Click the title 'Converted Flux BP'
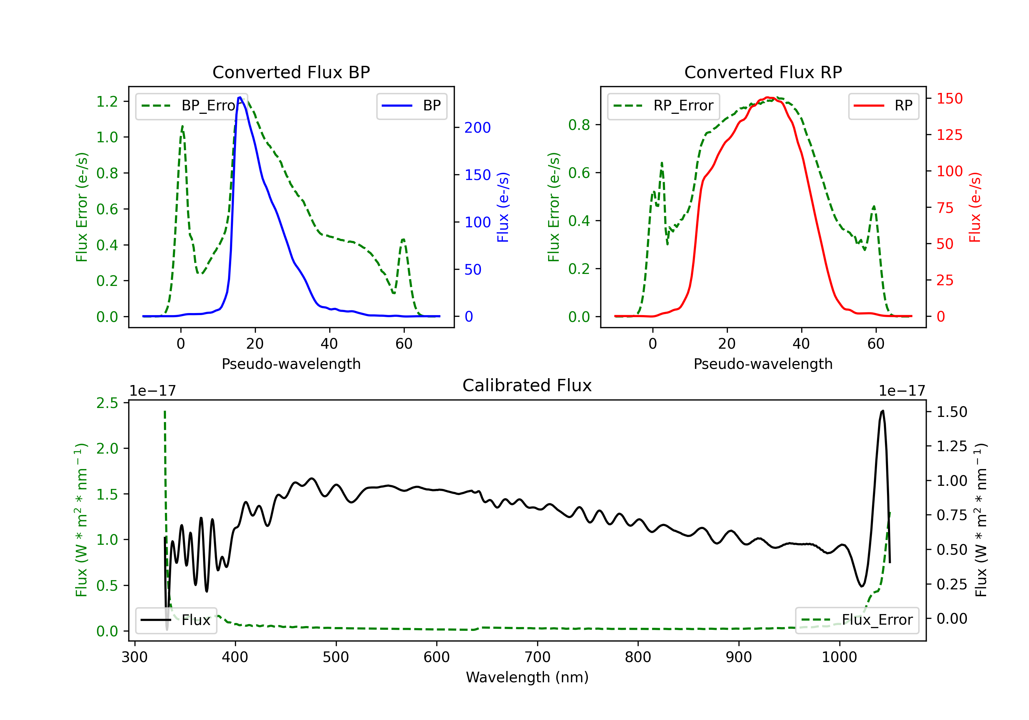(x=291, y=72)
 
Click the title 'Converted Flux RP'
(x=763, y=72)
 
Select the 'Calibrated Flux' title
(x=527, y=385)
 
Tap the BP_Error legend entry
(x=188, y=106)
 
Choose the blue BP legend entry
(x=411, y=106)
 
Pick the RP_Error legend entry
(x=663, y=106)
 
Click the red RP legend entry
(x=883, y=106)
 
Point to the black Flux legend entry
(x=175, y=620)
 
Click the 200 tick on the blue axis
(x=477, y=128)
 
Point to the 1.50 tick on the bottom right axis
(x=952, y=412)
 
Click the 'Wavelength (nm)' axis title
(x=527, y=677)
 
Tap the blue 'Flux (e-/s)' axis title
(x=503, y=207)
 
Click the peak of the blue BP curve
(x=240, y=97)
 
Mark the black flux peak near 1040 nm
(x=883, y=411)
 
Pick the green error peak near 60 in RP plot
(x=874, y=206)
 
